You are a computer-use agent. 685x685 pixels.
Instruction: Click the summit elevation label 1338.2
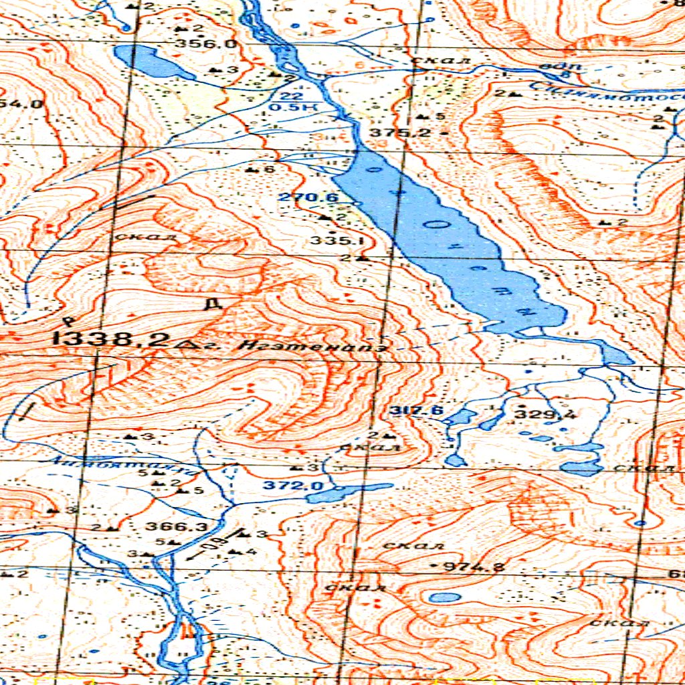point(114,339)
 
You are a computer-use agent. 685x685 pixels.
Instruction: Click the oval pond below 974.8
point(444,597)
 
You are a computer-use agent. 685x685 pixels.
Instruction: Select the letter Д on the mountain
point(213,304)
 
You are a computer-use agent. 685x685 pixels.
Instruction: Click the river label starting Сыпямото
point(602,95)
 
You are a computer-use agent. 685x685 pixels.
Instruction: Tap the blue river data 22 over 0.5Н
point(286,101)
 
